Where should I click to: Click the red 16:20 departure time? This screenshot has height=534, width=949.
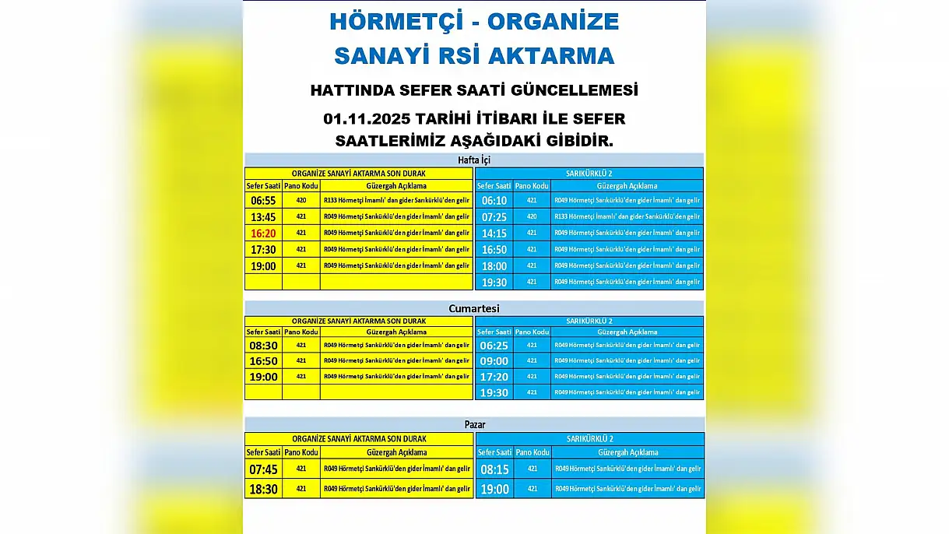click(263, 233)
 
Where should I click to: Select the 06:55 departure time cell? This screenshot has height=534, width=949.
click(263, 200)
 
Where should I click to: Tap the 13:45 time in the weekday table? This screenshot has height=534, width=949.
click(263, 216)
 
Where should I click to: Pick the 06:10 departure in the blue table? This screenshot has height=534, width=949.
click(494, 200)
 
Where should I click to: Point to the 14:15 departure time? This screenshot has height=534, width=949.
click(494, 233)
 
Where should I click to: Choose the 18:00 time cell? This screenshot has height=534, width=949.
click(494, 265)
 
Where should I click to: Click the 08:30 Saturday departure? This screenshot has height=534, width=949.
click(263, 345)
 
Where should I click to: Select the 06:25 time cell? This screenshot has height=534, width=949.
click(494, 345)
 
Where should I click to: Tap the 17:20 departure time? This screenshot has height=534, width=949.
click(494, 377)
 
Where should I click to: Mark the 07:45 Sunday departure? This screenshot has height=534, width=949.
click(263, 469)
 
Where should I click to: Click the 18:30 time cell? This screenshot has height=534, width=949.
click(263, 489)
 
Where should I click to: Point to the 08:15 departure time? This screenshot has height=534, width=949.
click(494, 469)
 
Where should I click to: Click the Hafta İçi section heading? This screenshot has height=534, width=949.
click(474, 160)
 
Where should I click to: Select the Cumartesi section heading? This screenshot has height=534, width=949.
click(474, 308)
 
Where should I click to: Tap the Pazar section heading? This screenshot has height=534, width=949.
click(474, 425)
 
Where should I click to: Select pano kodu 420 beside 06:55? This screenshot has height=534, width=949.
click(301, 200)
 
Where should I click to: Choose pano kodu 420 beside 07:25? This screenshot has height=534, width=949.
click(532, 216)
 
